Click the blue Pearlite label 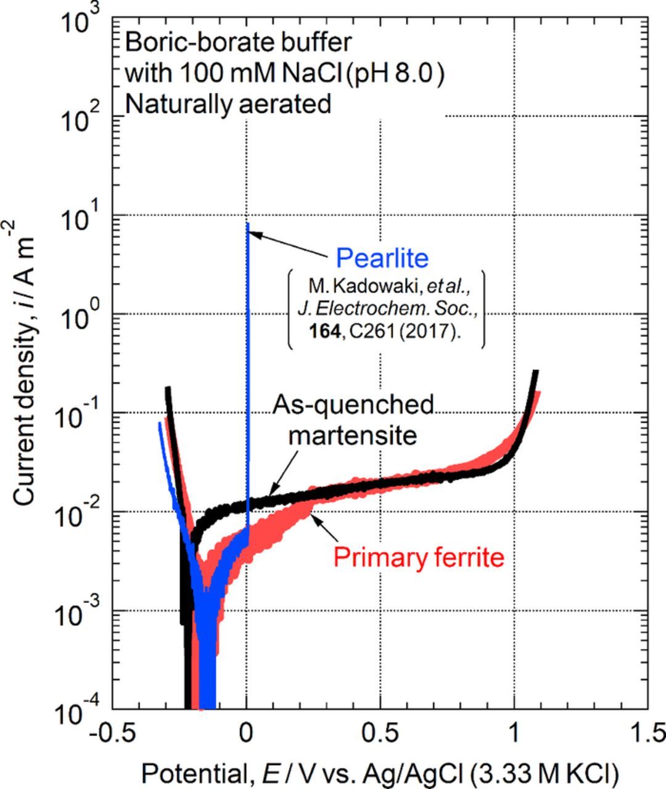pos(382,258)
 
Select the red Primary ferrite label pos(419,557)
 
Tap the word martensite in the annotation pos(353,435)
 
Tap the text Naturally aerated pos(228,104)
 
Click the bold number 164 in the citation pos(324,331)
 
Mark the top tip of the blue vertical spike pos(247,224)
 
